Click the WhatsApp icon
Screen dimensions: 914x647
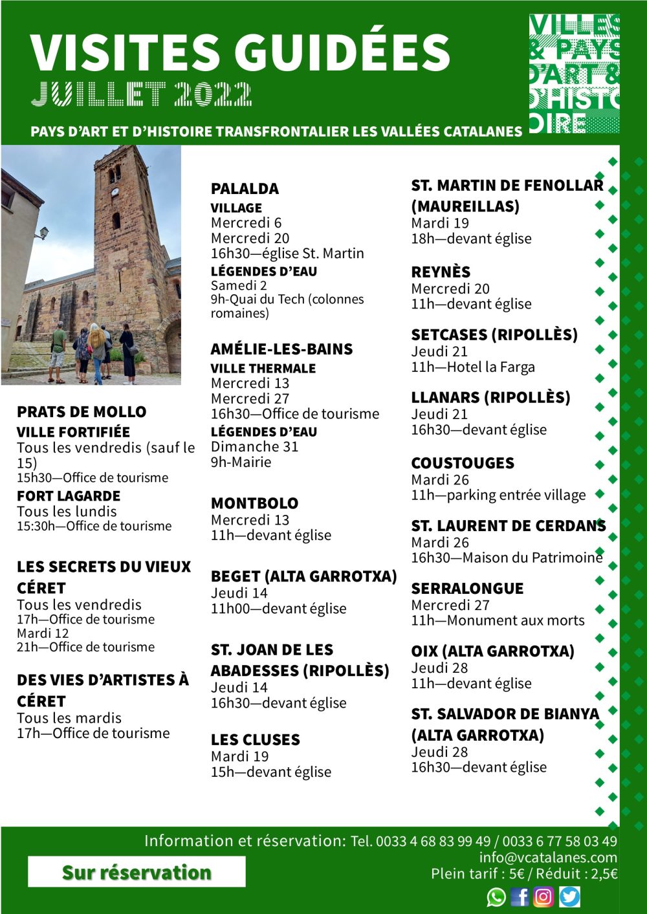tap(496, 897)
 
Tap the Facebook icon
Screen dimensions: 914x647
tap(520, 897)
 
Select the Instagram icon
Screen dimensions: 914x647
tap(543, 897)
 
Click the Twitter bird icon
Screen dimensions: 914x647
tap(569, 897)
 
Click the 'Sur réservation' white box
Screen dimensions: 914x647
tap(137, 872)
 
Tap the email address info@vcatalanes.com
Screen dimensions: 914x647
tap(548, 858)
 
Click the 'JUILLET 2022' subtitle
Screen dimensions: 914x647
tap(141, 94)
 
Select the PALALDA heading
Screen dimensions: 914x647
tap(245, 189)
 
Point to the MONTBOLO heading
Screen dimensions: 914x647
tap(254, 503)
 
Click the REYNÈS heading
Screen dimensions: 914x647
tap(441, 272)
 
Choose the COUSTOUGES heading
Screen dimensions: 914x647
tap(463, 463)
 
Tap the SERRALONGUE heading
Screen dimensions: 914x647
tap(467, 589)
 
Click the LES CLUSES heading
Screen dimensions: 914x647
tap(255, 740)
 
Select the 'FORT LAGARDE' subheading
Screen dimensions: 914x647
tap(69, 496)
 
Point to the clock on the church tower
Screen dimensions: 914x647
tap(115, 192)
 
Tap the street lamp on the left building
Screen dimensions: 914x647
tap(43, 232)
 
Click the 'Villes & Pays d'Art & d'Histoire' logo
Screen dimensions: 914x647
tap(574, 74)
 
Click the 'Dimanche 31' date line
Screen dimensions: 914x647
tap(254, 447)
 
